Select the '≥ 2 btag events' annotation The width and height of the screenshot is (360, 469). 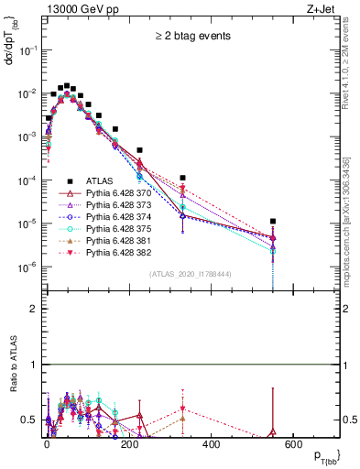point(191,37)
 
